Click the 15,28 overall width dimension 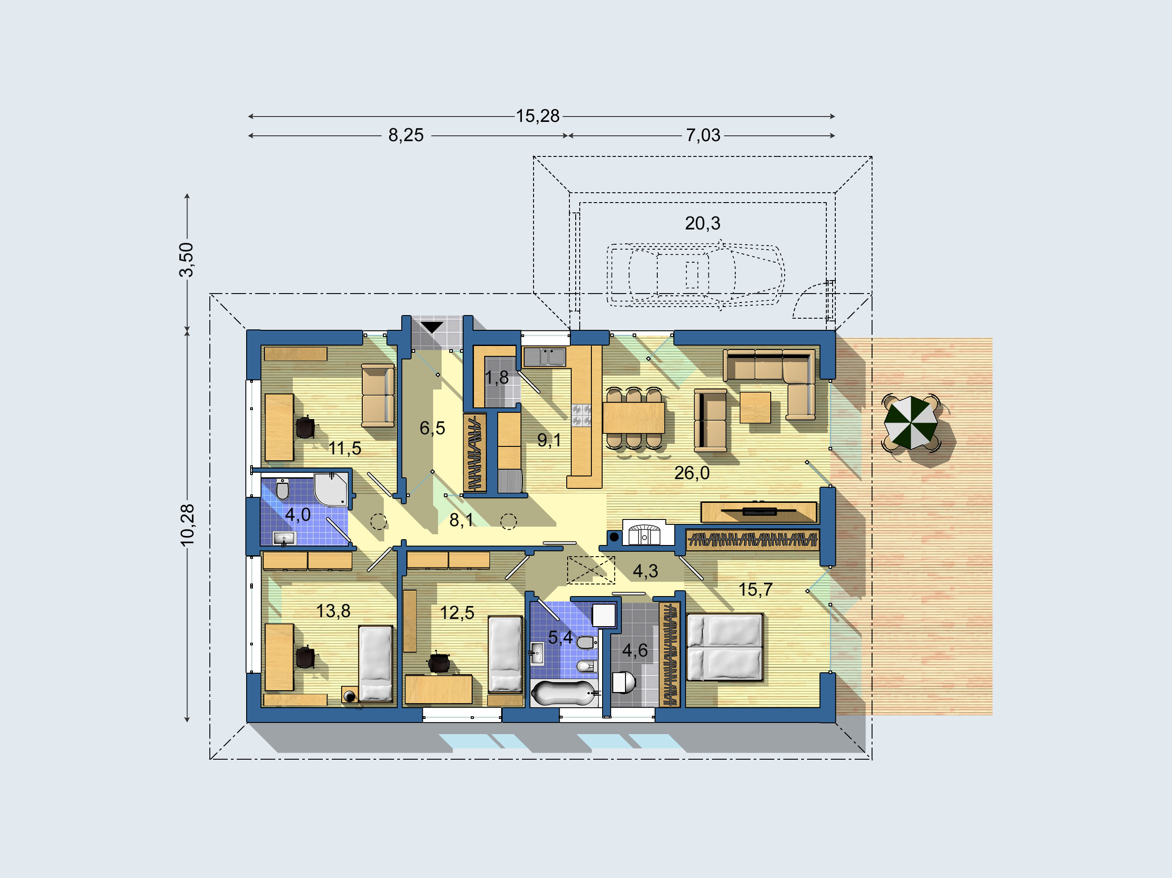(x=537, y=116)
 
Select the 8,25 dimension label (x=406, y=135)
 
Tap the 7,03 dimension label (x=703, y=135)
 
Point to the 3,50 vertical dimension (x=186, y=260)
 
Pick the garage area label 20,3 (x=703, y=224)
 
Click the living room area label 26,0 (x=691, y=473)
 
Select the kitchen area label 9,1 (x=549, y=440)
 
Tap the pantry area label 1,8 (x=496, y=377)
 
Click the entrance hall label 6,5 (x=432, y=428)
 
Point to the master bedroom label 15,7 (x=755, y=589)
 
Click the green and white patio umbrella (x=910, y=423)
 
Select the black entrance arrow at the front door (x=432, y=327)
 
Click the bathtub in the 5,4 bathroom (x=563, y=693)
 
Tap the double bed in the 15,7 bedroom (x=725, y=647)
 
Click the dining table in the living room (x=634, y=418)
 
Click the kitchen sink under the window (x=545, y=356)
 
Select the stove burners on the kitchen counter (x=581, y=415)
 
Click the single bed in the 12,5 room (x=505, y=654)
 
